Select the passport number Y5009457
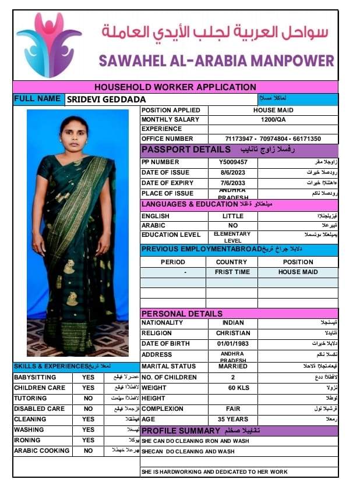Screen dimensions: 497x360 [x=233, y=162]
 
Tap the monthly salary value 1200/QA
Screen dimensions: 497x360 [x=273, y=120]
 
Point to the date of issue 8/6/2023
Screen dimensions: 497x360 [x=233, y=173]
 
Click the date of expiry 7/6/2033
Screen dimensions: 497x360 [x=233, y=183]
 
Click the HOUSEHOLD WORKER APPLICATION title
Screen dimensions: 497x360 [x=175, y=87]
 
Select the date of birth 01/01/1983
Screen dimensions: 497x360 [x=232, y=344]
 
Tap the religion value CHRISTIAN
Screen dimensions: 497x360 [x=232, y=333]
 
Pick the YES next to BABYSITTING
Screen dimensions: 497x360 [x=88, y=377]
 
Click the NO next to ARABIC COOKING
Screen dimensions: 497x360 [x=88, y=450]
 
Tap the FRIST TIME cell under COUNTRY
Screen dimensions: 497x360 [x=232, y=272]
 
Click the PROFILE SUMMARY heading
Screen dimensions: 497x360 [x=181, y=431]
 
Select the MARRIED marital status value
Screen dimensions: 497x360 [x=232, y=366]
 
